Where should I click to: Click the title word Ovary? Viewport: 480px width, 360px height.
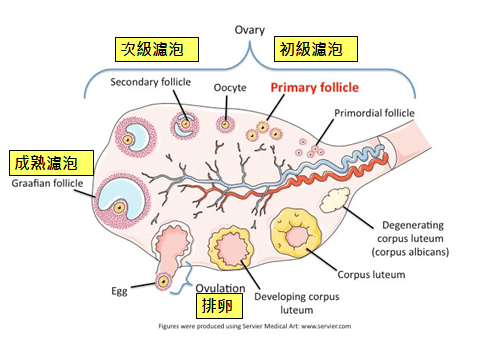(x=250, y=30)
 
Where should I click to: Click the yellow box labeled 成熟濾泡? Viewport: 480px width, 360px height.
(x=50, y=162)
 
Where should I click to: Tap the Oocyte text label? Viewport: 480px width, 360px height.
(x=231, y=88)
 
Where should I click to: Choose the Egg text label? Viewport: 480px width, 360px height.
(x=118, y=292)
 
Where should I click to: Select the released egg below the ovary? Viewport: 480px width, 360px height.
(x=161, y=284)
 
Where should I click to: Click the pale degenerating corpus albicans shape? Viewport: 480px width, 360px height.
(x=332, y=198)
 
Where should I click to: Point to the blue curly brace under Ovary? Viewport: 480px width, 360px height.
(x=250, y=67)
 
